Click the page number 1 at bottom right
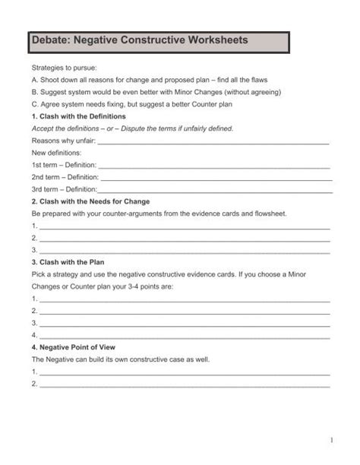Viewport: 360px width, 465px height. click(332, 441)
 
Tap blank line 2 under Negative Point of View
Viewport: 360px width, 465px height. click(185, 385)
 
